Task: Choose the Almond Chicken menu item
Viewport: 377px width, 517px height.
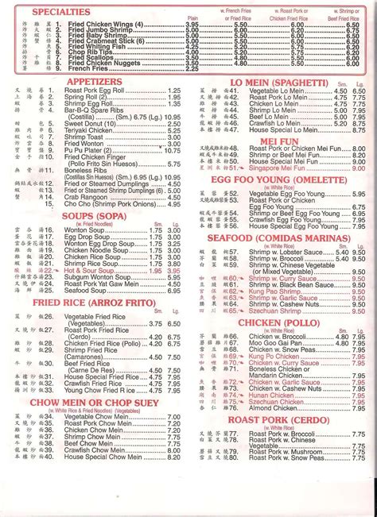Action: tap(275, 405)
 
